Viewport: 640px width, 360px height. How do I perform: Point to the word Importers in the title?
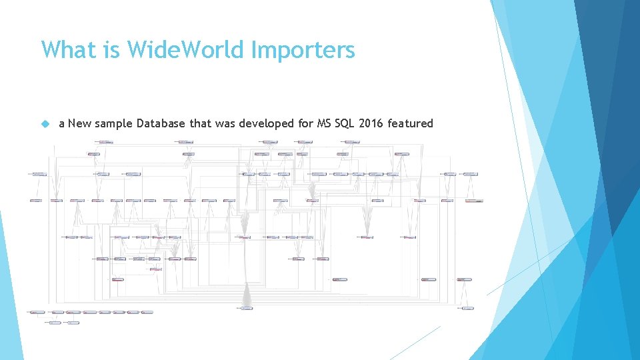303,49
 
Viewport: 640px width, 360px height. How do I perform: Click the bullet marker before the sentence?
45,124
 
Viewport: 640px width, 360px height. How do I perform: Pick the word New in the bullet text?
80,123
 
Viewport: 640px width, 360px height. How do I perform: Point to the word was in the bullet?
227,123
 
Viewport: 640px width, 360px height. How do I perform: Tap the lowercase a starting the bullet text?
62,123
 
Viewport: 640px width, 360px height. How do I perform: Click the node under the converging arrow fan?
246,308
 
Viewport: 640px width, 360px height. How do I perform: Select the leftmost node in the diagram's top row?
104,142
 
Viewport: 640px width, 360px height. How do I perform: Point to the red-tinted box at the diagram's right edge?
473,201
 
